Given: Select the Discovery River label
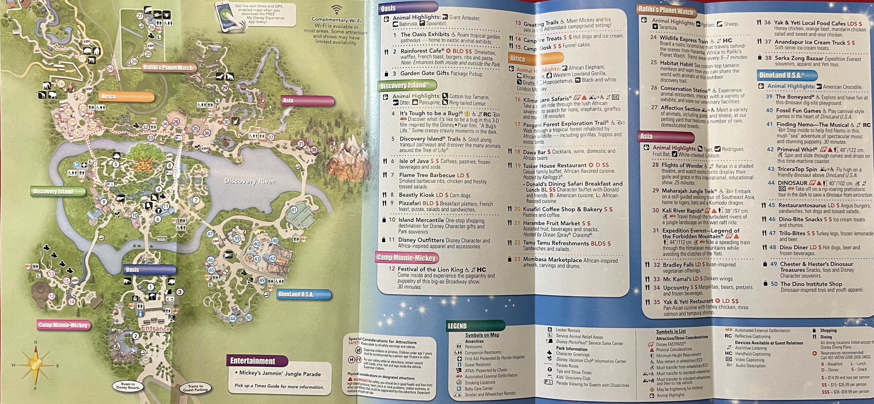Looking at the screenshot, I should pyautogui.click(x=250, y=181).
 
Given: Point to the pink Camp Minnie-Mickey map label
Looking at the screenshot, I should pyautogui.click(x=63, y=325).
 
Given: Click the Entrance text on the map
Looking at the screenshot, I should pyautogui.click(x=155, y=329).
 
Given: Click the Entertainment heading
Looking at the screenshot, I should pyautogui.click(x=253, y=361).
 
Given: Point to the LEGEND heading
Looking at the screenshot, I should pyautogui.click(x=457, y=326).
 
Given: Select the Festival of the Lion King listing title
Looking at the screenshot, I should pyautogui.click(x=430, y=270).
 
